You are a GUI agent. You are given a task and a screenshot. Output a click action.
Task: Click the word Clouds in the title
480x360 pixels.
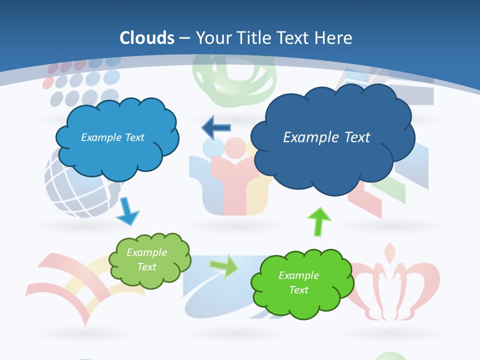tap(147, 38)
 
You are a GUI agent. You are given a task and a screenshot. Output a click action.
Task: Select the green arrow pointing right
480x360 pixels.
tap(224, 265)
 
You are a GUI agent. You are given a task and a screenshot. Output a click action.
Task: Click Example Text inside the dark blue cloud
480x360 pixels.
tap(326, 137)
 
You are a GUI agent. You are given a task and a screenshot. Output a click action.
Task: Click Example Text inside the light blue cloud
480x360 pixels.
tap(112, 137)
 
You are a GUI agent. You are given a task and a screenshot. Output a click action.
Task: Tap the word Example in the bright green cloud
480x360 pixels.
tap(298, 275)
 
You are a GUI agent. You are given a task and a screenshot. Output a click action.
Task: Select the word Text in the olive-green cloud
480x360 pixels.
tap(147, 267)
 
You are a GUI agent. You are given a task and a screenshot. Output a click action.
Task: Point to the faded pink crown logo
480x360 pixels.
tap(395, 285)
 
